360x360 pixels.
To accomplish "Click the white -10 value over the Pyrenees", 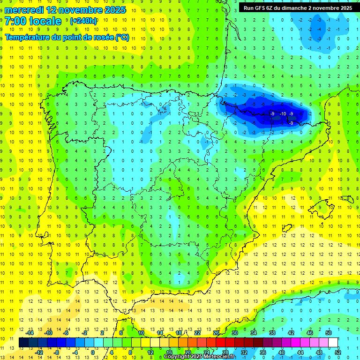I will point(283,114).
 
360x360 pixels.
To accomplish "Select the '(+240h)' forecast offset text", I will point(83,21).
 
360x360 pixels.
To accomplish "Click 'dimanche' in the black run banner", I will point(295,8).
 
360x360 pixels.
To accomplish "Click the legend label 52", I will point(337,352).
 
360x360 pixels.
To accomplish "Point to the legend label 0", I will point(93,352).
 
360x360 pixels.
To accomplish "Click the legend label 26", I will point(216,332).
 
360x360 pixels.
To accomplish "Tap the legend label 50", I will point(328,332).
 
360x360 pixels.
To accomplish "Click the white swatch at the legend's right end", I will point(333,342).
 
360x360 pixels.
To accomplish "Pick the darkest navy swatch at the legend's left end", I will point(23,342).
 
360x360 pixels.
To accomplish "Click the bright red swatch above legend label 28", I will point(225,342).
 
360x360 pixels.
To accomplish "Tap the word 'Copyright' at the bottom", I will point(177,357).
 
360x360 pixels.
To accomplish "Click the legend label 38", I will point(272,332).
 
